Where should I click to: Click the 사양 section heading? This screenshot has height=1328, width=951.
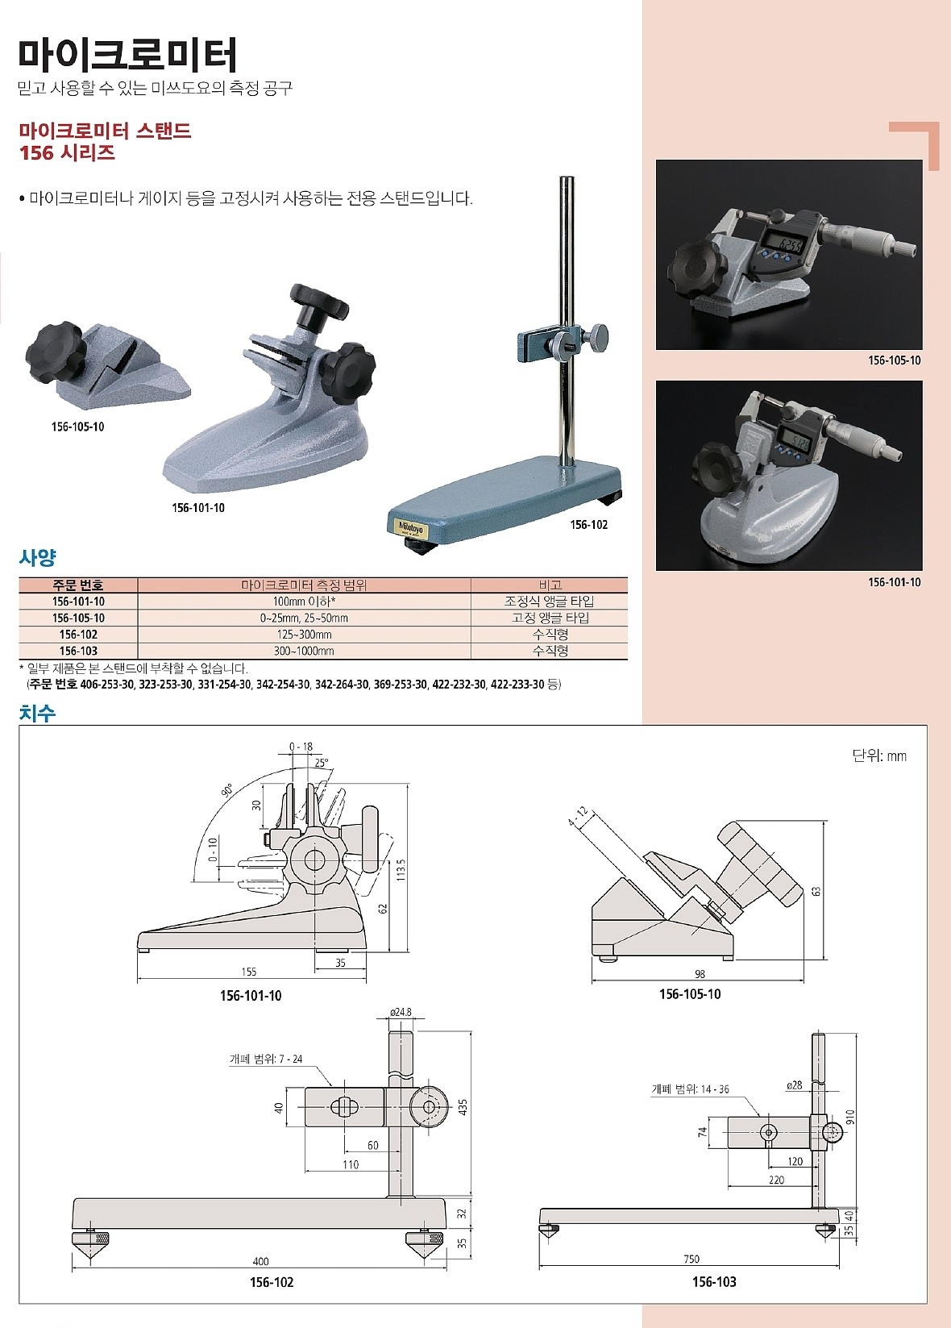(x=37, y=557)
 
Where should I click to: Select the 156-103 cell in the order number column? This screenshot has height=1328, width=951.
(x=78, y=651)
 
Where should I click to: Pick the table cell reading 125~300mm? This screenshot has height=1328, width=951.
(x=304, y=635)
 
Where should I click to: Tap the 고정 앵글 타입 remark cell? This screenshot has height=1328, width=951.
(x=550, y=618)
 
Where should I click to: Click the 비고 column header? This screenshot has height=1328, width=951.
(x=550, y=585)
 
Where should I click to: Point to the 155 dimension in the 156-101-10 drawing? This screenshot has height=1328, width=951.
(x=249, y=972)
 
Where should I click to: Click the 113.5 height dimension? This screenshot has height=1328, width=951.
(x=401, y=872)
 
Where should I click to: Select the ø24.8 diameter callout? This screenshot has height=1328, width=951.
(x=401, y=1012)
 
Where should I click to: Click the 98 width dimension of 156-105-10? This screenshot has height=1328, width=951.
(x=700, y=974)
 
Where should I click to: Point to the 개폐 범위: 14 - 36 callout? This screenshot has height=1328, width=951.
(x=690, y=1089)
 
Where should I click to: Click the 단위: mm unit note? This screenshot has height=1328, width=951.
(x=878, y=756)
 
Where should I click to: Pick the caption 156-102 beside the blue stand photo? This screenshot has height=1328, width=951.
(x=588, y=525)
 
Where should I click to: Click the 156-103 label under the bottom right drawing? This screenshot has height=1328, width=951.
(x=714, y=1282)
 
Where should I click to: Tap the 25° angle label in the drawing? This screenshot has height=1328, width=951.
(x=322, y=763)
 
